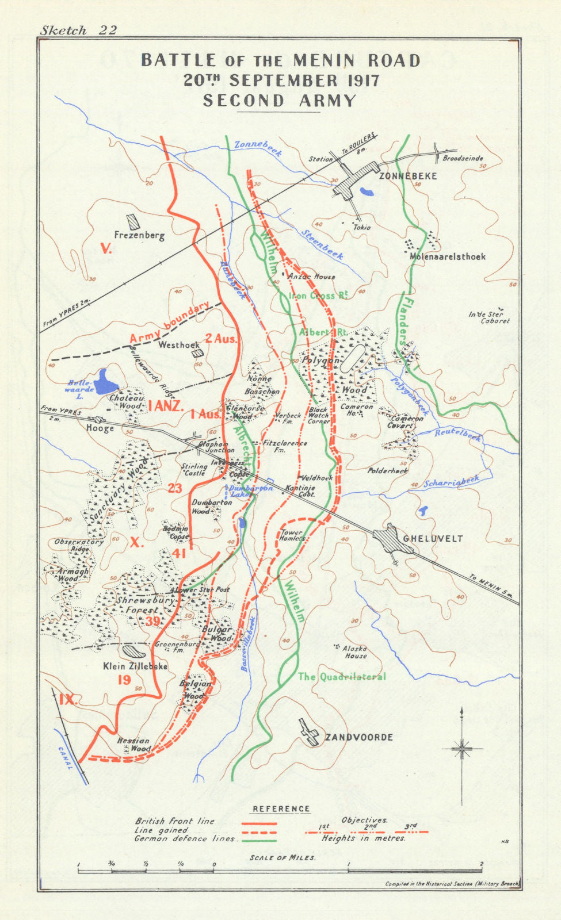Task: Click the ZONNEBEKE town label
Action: (408, 176)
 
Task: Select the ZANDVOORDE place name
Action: (359, 737)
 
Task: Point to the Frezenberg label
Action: (139, 235)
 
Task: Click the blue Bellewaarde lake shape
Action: (106, 381)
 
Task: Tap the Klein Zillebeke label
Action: (135, 666)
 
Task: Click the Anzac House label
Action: (311, 277)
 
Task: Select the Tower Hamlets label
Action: (293, 535)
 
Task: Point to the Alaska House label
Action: (355, 651)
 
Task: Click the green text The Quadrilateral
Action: (342, 677)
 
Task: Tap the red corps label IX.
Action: (67, 700)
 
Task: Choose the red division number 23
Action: (174, 489)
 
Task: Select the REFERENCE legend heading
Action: (281, 808)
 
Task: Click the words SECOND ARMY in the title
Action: (280, 101)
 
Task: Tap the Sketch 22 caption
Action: (78, 30)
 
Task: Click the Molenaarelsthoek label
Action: (448, 256)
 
